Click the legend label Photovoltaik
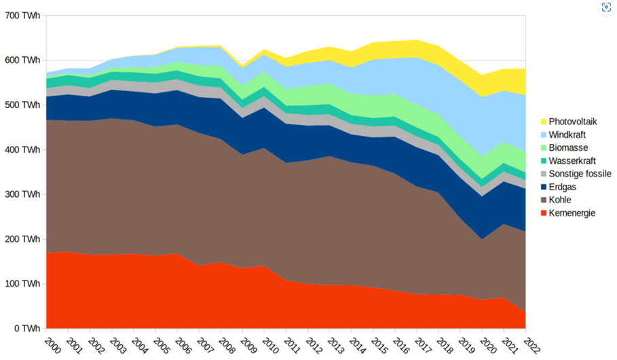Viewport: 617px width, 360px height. coord(573,122)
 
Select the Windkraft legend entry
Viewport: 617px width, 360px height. coord(567,134)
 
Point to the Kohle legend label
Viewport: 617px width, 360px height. coord(561,200)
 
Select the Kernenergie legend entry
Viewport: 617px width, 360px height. coord(572,213)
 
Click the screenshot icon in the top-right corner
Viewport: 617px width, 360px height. coord(606,9)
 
